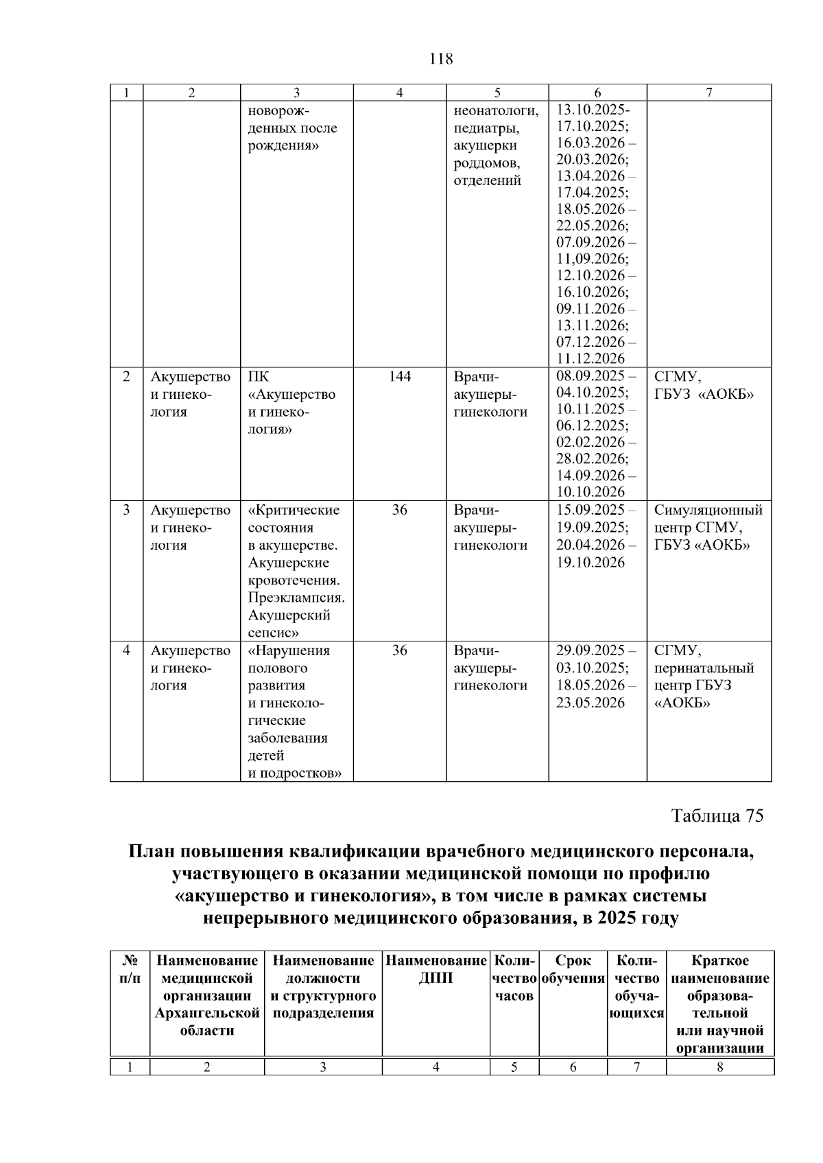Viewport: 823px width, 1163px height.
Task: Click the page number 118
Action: (440, 59)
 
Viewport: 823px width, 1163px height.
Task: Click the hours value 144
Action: (400, 377)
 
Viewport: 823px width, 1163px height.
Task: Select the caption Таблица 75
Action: (717, 816)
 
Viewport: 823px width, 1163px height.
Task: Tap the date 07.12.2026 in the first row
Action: (591, 342)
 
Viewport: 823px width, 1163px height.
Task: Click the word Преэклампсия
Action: (296, 598)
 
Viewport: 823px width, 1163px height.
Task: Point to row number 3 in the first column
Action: (126, 510)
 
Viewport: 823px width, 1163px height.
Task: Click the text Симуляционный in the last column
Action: (708, 510)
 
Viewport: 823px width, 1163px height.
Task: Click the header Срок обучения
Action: (573, 970)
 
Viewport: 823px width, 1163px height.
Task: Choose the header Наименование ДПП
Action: (436, 970)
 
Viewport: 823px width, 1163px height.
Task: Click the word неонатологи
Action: (496, 110)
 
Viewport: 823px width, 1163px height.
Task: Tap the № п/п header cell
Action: (130, 970)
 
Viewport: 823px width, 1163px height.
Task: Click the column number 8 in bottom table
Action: (719, 1067)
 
